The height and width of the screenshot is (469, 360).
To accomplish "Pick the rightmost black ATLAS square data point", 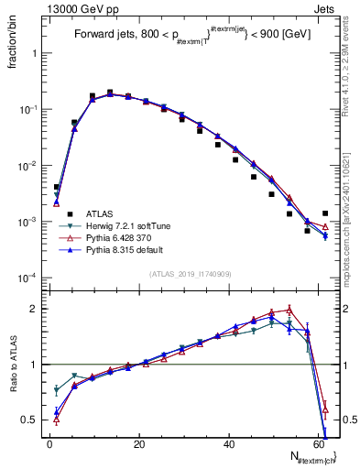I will click(x=324, y=213).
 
